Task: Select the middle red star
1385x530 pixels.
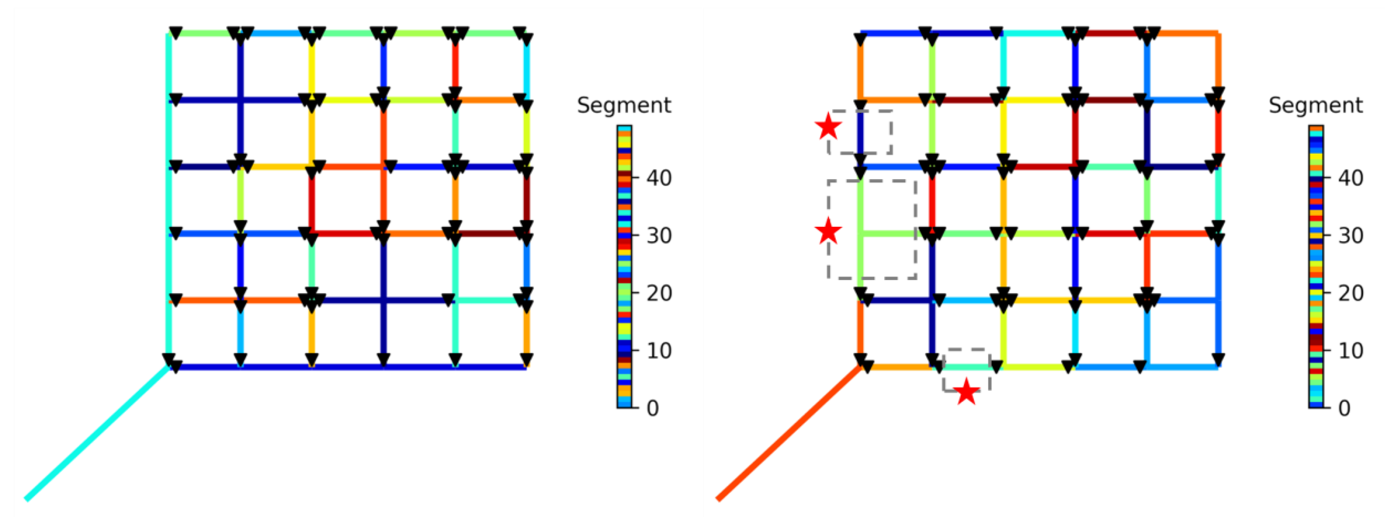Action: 828,231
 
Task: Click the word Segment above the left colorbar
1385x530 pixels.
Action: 624,105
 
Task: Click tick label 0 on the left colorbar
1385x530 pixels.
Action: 653,408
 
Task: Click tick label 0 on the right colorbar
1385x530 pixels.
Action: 1344,408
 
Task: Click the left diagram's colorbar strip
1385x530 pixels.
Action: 624,266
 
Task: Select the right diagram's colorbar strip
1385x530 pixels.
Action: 1316,266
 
